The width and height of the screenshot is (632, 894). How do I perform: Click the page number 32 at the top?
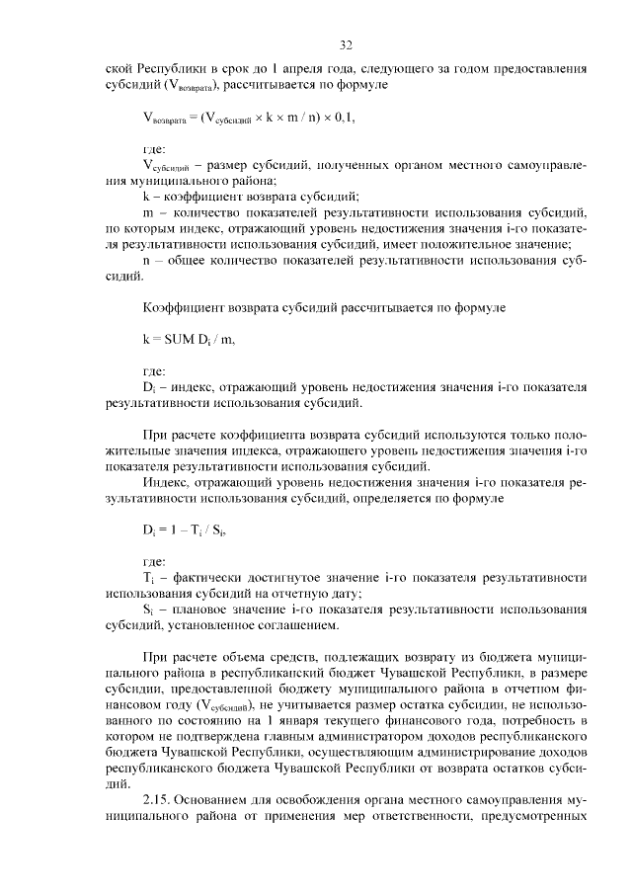[346, 45]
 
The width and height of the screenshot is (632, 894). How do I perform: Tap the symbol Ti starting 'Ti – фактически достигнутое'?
[149, 578]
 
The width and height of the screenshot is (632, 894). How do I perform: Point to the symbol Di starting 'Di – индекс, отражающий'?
[150, 386]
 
